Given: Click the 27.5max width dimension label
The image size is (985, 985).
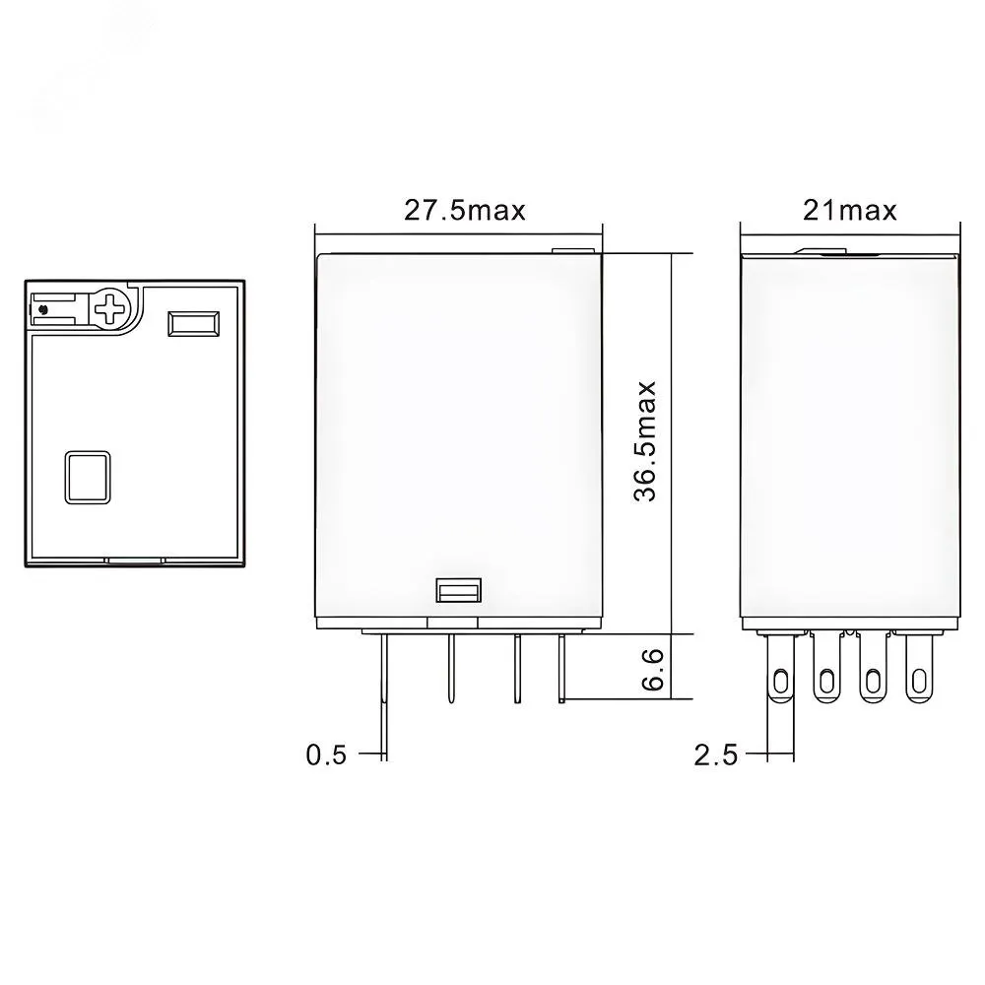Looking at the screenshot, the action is [464, 211].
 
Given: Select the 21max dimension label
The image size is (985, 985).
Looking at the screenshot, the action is [849, 211].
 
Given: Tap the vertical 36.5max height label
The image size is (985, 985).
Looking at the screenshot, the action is [644, 441].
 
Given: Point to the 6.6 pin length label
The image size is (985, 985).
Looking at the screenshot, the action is [652, 670].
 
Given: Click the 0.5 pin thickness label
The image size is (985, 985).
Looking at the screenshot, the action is [326, 755].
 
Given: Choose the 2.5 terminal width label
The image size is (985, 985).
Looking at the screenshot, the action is [715, 755].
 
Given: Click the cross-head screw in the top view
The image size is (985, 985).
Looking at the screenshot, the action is [110, 307].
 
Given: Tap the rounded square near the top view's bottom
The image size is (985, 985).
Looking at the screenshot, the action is [88, 478].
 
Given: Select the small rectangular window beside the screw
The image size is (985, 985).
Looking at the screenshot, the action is [193, 323].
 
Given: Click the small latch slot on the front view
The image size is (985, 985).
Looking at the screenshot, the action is [459, 590].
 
